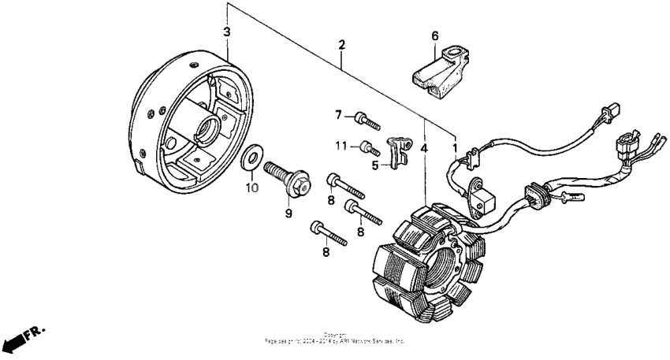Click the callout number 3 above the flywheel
click(x=227, y=32)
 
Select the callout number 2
click(x=341, y=46)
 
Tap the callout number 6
click(x=434, y=35)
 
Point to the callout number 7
click(x=339, y=116)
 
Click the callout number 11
click(x=341, y=145)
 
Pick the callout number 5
click(x=376, y=165)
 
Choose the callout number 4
click(x=426, y=147)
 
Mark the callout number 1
click(x=454, y=147)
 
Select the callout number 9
click(x=289, y=213)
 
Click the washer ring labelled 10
click(x=251, y=158)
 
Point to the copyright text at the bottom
click(x=335, y=339)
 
